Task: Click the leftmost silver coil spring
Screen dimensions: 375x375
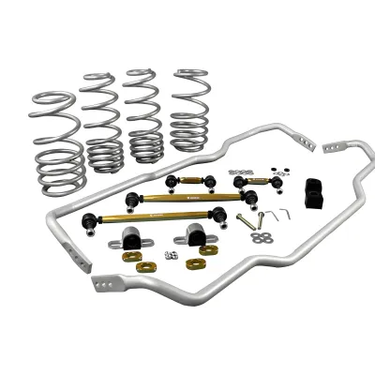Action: click(58, 141)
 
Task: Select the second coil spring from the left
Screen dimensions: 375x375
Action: click(102, 122)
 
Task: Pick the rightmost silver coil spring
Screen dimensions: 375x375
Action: click(190, 110)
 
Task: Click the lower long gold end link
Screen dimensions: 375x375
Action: click(159, 220)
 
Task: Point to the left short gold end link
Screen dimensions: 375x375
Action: click(187, 180)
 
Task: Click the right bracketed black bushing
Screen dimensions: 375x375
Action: click(197, 234)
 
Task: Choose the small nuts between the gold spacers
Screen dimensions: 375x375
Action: click(172, 254)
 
